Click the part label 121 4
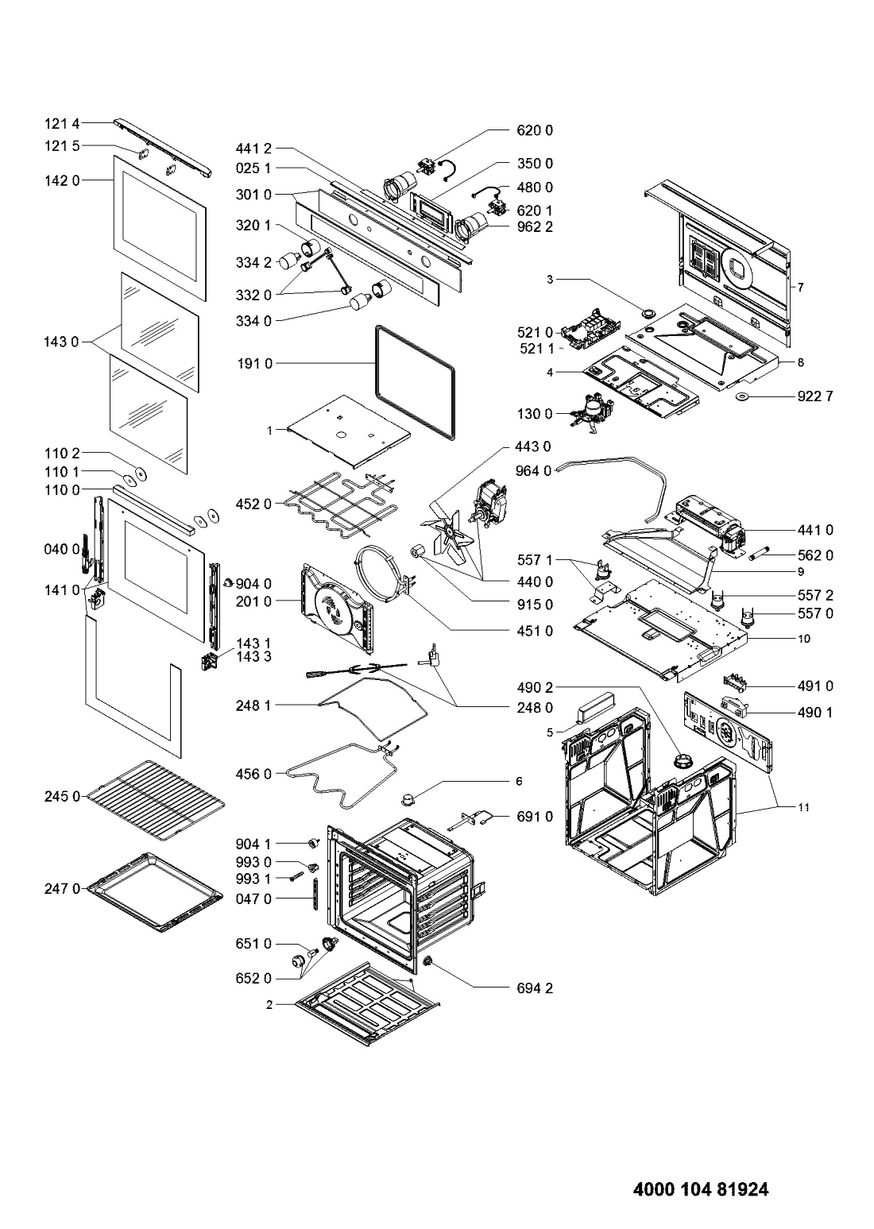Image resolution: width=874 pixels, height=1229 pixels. [x=62, y=125]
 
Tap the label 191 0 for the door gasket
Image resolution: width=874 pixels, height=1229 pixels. [x=254, y=364]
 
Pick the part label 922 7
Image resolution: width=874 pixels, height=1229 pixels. [x=814, y=396]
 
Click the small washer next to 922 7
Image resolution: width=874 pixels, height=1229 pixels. [x=744, y=396]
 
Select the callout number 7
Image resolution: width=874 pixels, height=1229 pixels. [x=800, y=287]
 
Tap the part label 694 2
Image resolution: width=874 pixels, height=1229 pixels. [x=535, y=989]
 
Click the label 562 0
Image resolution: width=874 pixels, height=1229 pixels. [x=814, y=556]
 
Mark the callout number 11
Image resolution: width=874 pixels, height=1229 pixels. [x=804, y=807]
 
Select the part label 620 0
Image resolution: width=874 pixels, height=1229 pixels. [x=535, y=130]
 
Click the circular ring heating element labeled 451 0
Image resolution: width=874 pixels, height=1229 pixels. [x=382, y=575]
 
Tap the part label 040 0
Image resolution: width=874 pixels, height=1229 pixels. [x=62, y=549]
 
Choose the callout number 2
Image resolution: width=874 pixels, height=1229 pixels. [x=269, y=1005]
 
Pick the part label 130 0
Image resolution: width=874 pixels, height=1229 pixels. [x=535, y=414]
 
